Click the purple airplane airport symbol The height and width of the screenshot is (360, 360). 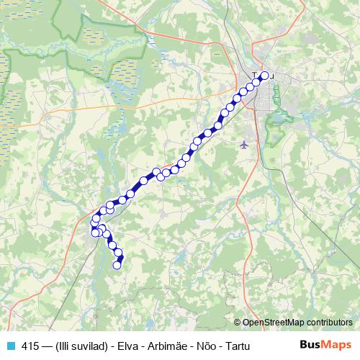tap(245, 145)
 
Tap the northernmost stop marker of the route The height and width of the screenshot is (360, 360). tap(264, 76)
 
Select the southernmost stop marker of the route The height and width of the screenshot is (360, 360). tap(117, 265)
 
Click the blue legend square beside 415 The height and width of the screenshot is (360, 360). tap(9, 346)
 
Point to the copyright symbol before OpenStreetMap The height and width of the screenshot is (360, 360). tap(238, 323)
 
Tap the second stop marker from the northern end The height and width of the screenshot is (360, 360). tap(256, 82)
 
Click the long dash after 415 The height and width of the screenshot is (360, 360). tap(48, 346)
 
